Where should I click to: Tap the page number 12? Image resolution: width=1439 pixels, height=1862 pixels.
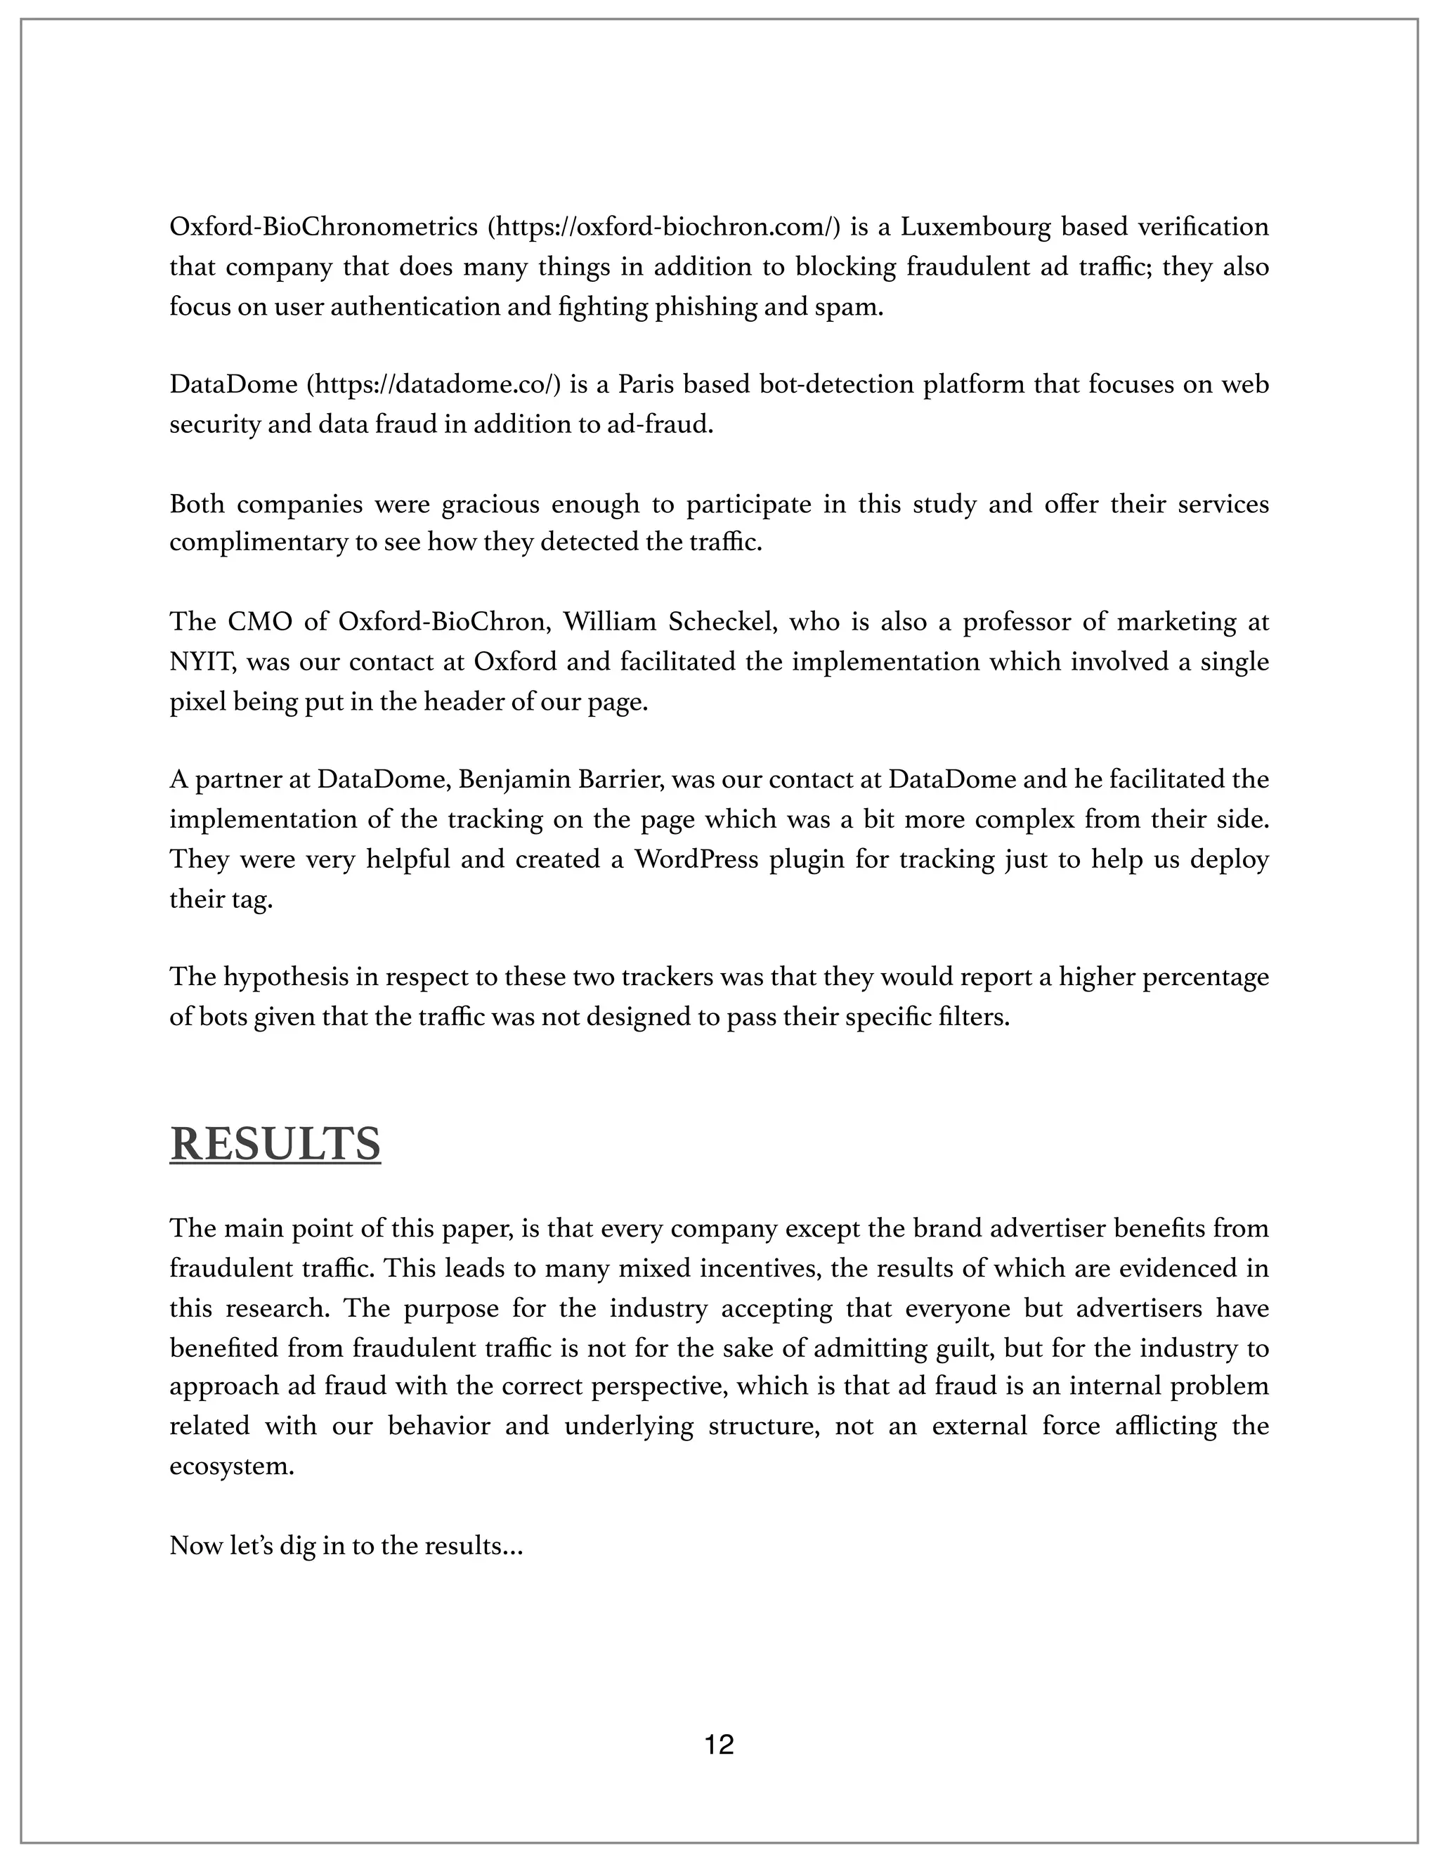point(719,1745)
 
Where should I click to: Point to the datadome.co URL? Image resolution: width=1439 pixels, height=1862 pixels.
point(433,384)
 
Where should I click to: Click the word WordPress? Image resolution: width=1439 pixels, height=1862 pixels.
point(696,859)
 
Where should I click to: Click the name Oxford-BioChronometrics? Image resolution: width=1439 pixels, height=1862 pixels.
point(324,227)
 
